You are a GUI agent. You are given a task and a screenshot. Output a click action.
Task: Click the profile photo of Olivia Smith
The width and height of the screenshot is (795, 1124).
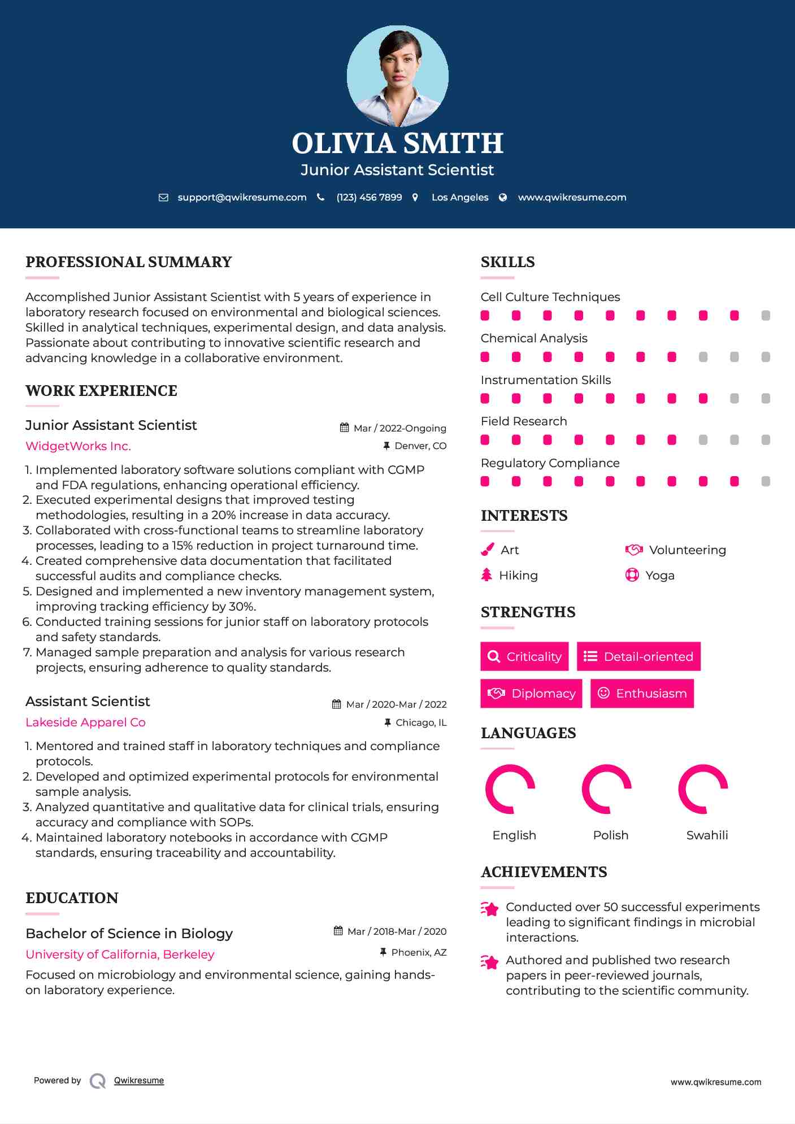pos(397,76)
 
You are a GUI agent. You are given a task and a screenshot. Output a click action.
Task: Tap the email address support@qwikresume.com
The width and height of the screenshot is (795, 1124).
pos(242,197)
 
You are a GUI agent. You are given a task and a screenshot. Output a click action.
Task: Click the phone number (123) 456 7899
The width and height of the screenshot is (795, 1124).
pos(369,197)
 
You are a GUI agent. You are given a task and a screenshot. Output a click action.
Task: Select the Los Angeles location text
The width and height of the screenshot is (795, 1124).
pos(460,197)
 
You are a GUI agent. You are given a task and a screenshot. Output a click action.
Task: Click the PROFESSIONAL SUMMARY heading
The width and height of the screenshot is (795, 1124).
pos(129,262)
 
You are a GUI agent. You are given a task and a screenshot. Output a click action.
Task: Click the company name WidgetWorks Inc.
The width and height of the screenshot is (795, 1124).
pos(78,446)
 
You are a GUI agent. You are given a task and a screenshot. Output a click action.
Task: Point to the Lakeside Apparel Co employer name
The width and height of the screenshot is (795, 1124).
pos(85,722)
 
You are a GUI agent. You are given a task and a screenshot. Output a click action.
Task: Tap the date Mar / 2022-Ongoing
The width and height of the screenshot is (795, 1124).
pos(399,428)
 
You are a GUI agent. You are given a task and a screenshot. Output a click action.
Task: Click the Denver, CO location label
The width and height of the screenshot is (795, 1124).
pos(420,446)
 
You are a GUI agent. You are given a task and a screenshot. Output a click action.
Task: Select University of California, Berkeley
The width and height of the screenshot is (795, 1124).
pos(120,955)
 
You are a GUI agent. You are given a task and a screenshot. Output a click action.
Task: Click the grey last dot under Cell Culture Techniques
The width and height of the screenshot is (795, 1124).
pos(766,316)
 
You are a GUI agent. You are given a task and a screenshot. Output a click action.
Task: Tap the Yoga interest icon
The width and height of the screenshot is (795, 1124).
pos(632,575)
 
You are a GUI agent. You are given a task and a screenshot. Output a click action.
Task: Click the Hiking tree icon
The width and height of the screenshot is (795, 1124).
pos(486,575)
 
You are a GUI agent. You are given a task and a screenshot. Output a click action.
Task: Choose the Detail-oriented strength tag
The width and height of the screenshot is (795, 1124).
pos(638,656)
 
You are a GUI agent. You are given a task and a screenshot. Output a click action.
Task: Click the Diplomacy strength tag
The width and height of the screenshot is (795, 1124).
pos(531,694)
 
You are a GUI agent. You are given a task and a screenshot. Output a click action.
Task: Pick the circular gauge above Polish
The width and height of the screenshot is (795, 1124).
pos(606,789)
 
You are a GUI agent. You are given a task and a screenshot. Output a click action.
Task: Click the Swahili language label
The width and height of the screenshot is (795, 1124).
pos(707,835)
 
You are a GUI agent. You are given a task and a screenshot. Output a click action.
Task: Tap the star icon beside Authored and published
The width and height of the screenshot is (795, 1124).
pos(489,962)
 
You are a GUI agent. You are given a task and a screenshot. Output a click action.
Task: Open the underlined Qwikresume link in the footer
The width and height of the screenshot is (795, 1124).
pos(139,1081)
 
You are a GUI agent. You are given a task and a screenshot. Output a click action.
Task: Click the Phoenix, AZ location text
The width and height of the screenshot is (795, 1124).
pos(419,953)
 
